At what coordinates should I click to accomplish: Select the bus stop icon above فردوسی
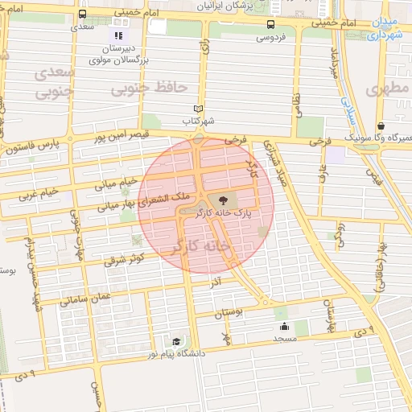pos(270,24)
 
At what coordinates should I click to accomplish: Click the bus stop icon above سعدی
pos(82,14)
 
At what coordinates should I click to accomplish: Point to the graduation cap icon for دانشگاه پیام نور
pos(176,342)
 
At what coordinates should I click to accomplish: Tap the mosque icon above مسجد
pos(284,327)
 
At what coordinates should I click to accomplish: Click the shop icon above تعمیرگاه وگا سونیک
pos(380,126)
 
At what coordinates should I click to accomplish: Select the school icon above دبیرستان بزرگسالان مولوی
pos(118,35)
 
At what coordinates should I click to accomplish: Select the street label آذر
pos(216,283)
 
